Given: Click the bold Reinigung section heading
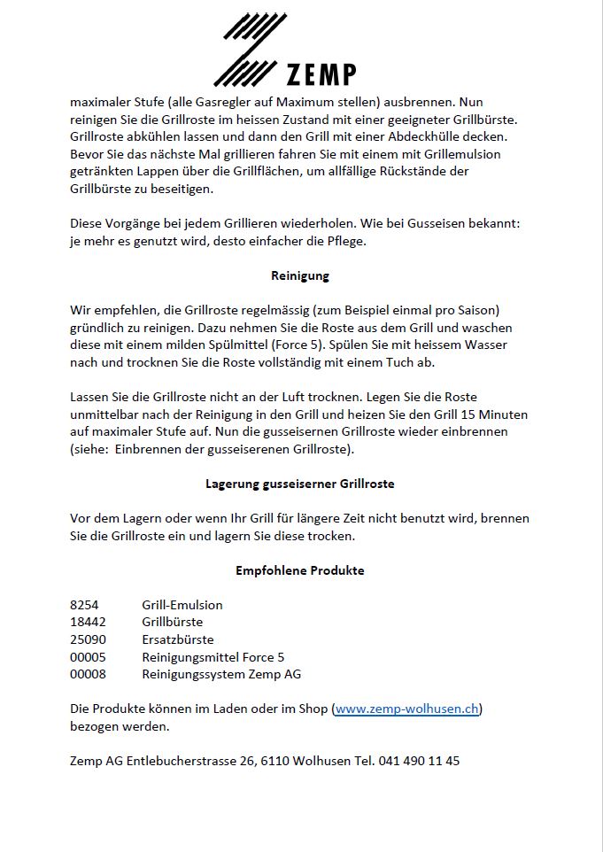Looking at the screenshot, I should [300, 275].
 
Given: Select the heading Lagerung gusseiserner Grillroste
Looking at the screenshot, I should [300, 484].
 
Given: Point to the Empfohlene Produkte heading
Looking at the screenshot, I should [300, 570].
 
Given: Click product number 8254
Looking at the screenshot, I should [84, 605].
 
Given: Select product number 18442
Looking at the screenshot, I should [88, 622].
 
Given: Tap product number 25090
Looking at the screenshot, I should [88, 639].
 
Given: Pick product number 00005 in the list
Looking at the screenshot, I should [88, 657].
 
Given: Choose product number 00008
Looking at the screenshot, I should [88, 674].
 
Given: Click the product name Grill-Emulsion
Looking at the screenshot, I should [182, 605].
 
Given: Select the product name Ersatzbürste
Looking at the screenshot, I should [178, 639].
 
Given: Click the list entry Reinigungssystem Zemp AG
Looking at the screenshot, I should [221, 674].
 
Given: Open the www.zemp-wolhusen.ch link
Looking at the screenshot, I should [407, 709].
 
